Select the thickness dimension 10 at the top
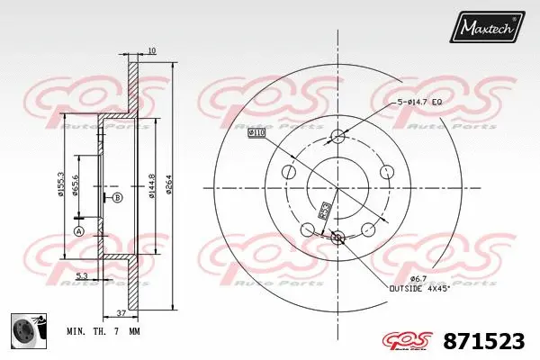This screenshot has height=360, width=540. (152, 51)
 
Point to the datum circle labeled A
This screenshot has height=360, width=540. (78, 231)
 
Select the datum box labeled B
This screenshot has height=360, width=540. (116, 197)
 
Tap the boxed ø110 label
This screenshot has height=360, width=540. (257, 133)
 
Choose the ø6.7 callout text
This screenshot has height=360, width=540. (403, 278)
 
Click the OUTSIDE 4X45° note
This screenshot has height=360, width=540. (418, 289)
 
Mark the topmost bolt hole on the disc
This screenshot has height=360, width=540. (337, 137)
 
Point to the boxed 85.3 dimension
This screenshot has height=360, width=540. (322, 211)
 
